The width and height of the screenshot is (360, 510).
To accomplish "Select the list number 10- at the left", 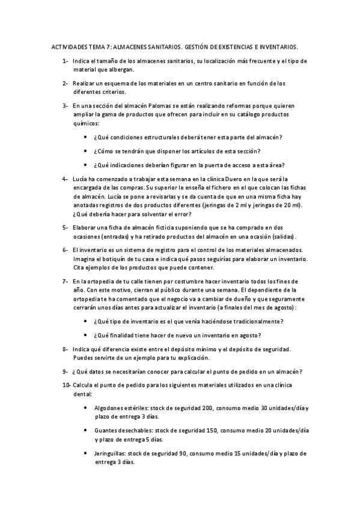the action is point(66,384).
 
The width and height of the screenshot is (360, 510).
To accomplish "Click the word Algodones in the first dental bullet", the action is point(111,407).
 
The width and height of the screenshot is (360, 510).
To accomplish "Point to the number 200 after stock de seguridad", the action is point(207,407).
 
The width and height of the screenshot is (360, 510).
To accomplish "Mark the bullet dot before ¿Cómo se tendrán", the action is point(88,150).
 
